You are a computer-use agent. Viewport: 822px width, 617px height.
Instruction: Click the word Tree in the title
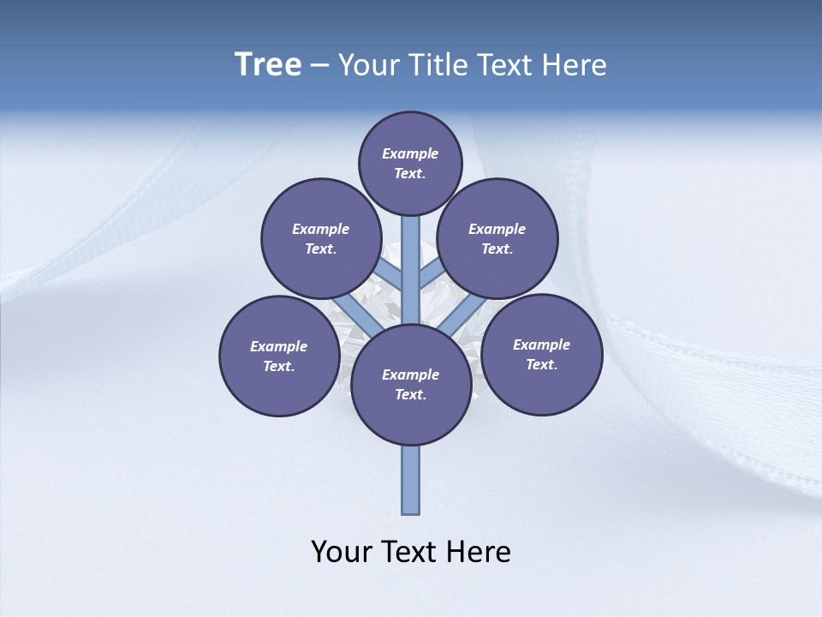tap(268, 65)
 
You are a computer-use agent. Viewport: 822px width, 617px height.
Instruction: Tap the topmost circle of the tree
tap(410, 163)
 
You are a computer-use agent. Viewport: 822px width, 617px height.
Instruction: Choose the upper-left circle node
tap(320, 239)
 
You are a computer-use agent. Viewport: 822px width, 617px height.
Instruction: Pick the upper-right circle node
tap(497, 238)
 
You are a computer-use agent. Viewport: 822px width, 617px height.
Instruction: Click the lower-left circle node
tap(279, 356)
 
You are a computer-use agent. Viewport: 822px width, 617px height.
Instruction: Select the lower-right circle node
tap(542, 354)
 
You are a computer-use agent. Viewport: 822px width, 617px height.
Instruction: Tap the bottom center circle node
tap(411, 385)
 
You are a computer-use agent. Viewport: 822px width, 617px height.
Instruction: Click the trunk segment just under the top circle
tap(411, 249)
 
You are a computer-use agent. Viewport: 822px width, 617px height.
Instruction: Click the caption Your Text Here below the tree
tap(411, 551)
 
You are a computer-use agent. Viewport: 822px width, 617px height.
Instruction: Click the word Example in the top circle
tap(410, 153)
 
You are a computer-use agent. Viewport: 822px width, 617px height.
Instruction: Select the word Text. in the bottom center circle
tap(410, 395)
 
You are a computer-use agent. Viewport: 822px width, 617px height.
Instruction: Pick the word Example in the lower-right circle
tap(541, 344)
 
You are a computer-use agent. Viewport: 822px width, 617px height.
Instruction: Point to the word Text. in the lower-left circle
tap(279, 367)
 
